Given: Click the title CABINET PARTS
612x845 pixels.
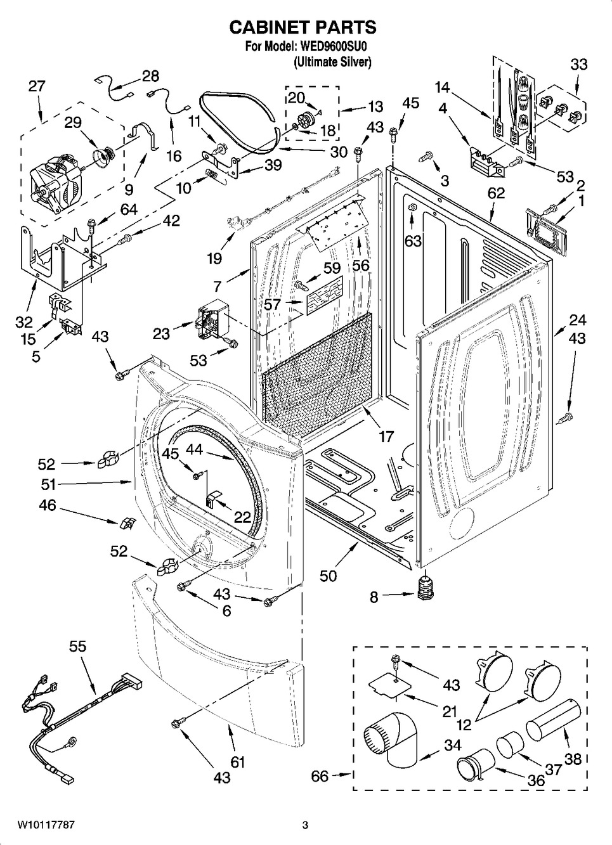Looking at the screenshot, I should coord(303,27).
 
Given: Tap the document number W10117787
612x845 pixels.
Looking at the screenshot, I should coord(46,825).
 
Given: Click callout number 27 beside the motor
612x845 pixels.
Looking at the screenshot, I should coord(37,86).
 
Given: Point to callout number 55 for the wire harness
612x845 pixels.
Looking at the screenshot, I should coord(78,647).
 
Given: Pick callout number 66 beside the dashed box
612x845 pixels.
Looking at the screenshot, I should coord(320,776).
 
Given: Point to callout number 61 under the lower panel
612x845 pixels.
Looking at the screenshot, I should coord(237,761).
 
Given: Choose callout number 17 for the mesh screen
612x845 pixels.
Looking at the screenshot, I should coord(386,436).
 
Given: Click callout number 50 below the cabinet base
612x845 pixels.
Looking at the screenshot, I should coord(329,576).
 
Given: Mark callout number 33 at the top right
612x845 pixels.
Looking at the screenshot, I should coord(578,64).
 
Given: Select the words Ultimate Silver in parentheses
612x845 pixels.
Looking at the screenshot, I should coord(332,61).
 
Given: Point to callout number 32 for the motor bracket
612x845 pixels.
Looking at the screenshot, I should coord(24,323).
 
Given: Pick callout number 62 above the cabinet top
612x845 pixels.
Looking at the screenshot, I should coord(496,193).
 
